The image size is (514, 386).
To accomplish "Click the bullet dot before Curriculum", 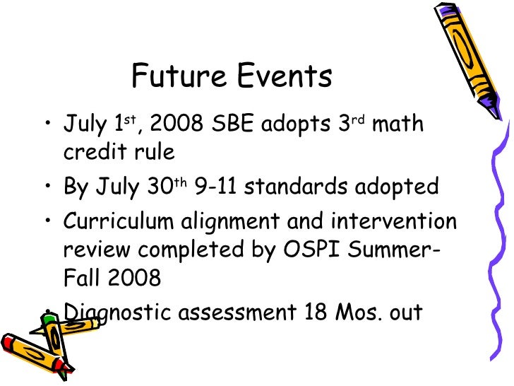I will click(47, 222).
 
